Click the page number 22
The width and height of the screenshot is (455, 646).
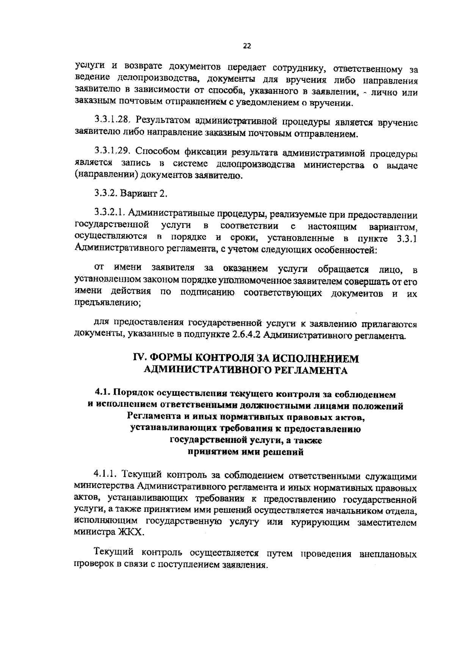[247, 46]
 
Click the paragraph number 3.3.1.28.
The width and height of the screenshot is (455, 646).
[112, 121]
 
